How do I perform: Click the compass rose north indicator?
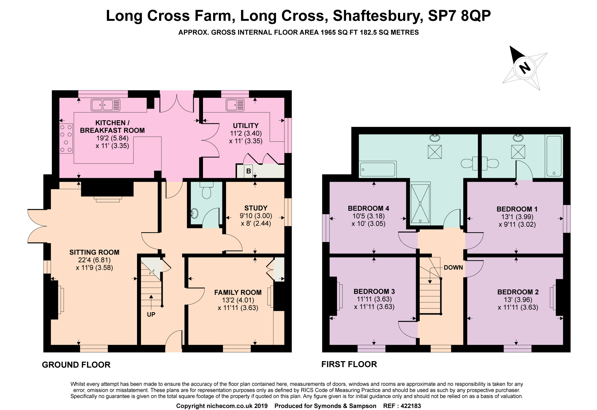pos(524,68)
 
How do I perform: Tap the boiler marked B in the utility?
pos(248,171)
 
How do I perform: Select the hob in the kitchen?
pos(66,138)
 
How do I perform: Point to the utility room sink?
pos(235,105)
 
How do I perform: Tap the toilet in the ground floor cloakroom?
pos(207,190)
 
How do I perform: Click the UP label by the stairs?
pos(151,315)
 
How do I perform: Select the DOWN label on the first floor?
pos(453,268)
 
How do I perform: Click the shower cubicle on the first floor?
pos(420,204)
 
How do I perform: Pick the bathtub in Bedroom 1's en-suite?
pos(554,156)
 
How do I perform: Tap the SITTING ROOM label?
pos(94,252)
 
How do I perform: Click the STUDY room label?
pos(256,208)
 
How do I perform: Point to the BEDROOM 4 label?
pos(368,208)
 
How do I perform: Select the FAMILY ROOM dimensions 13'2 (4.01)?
pos(238,300)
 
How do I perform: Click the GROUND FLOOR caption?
pos(76,365)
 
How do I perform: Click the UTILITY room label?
pos(246,126)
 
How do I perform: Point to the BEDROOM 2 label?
pos(518,292)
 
